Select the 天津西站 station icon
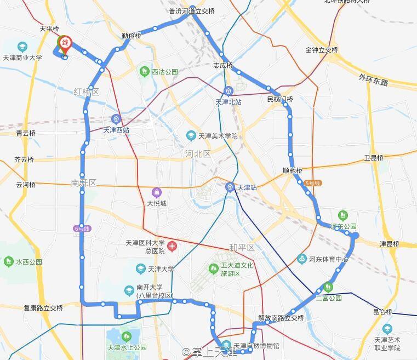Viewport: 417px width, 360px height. coord(116,119)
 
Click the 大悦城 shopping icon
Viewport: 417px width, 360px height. coord(157,193)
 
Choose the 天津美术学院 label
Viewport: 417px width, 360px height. coord(218,136)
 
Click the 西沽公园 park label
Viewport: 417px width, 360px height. coord(165,72)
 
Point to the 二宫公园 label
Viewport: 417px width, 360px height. coord(329,298)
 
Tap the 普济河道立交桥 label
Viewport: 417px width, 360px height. coord(192,11)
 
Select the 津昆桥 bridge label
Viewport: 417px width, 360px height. coord(390,244)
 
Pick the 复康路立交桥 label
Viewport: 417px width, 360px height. coord(43,308)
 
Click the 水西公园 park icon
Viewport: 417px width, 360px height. coord(9,261)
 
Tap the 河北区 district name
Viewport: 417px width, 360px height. coord(198,154)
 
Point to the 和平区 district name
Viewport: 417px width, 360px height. coord(242,248)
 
